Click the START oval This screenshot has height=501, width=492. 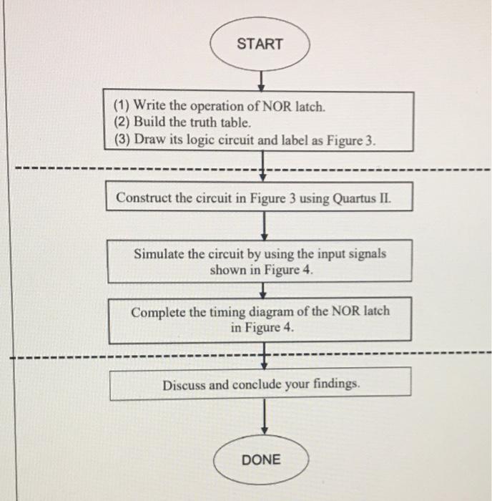pyautogui.click(x=260, y=44)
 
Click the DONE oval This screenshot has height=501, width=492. pyautogui.click(x=261, y=459)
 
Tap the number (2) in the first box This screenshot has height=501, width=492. pyautogui.click(x=122, y=123)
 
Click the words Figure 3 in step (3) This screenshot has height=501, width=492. pyautogui.click(x=350, y=140)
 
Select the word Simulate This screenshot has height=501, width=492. pyautogui.click(x=159, y=253)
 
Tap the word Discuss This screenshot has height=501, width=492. pyautogui.click(x=184, y=384)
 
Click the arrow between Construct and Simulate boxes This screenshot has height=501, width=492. pyautogui.click(x=265, y=225)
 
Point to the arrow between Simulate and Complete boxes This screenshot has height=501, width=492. pyautogui.click(x=265, y=290)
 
